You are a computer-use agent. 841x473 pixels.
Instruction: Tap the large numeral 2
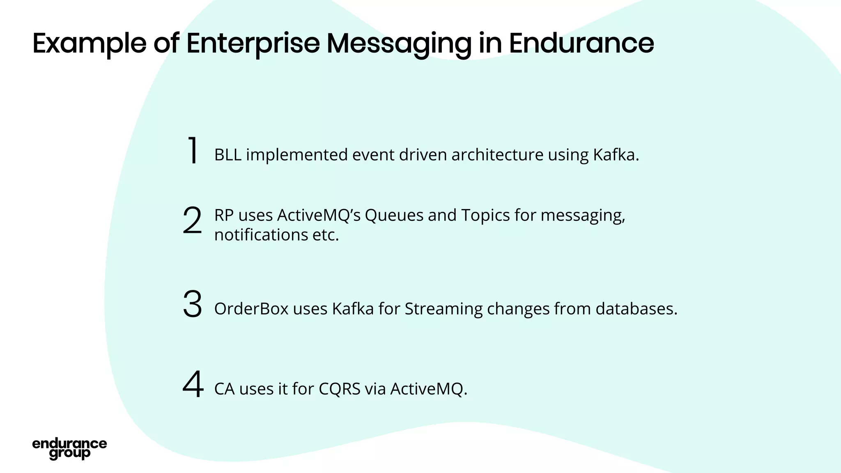[192, 220]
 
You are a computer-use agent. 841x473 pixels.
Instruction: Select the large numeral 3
[192, 304]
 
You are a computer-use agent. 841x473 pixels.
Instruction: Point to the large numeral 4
[193, 384]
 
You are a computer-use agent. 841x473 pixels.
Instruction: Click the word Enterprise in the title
[253, 43]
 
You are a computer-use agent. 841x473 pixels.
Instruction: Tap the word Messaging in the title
[399, 43]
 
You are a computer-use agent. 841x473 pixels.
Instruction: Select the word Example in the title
[89, 43]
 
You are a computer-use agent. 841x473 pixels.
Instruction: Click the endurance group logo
[69, 448]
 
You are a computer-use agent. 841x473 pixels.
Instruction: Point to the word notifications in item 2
[261, 235]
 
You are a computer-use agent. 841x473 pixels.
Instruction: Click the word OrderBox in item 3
[251, 309]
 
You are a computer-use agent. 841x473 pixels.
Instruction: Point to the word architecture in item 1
[497, 155]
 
